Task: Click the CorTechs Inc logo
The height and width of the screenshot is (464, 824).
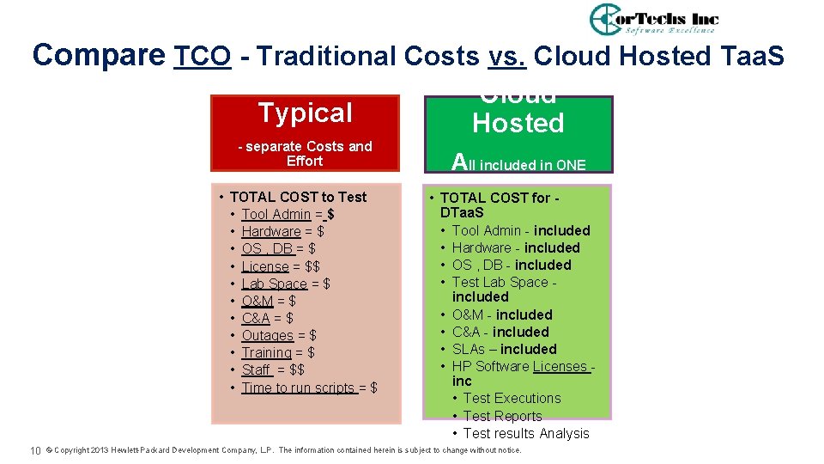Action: pyautogui.click(x=654, y=19)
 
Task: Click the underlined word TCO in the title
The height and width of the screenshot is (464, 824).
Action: pyautogui.click(x=203, y=56)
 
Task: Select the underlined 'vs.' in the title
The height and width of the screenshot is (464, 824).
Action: pyautogui.click(x=507, y=56)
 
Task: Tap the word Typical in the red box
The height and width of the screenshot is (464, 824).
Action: pyautogui.click(x=306, y=113)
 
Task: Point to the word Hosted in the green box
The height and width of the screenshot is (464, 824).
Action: pyautogui.click(x=518, y=123)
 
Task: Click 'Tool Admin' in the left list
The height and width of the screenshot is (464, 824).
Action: pyautogui.click(x=276, y=214)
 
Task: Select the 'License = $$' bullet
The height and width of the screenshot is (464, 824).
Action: pyautogui.click(x=281, y=266)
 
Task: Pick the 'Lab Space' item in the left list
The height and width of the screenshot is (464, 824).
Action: pyautogui.click(x=274, y=284)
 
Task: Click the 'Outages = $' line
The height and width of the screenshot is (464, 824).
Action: pyautogui.click(x=279, y=335)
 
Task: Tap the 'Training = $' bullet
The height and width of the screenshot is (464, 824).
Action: pyautogui.click(x=278, y=352)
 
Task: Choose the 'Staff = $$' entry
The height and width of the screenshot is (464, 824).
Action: pyautogui.click(x=273, y=369)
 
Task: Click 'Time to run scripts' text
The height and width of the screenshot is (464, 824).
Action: pyautogui.click(x=298, y=388)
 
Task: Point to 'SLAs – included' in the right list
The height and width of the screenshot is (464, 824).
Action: pyautogui.click(x=504, y=349)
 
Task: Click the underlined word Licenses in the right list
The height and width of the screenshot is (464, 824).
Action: pyautogui.click(x=560, y=366)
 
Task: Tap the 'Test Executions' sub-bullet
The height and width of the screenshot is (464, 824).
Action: pyautogui.click(x=512, y=398)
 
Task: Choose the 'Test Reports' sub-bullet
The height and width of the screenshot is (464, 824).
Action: pyautogui.click(x=502, y=416)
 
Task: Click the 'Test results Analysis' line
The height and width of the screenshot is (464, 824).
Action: pyautogui.click(x=526, y=433)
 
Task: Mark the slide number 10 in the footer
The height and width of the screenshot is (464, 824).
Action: pyautogui.click(x=36, y=450)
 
